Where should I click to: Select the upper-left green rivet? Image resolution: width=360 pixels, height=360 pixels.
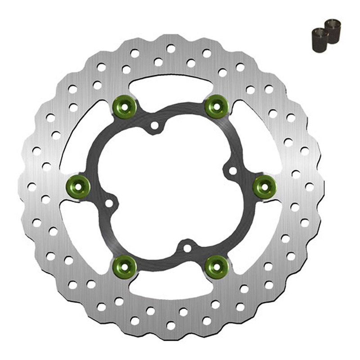(x=125, y=106)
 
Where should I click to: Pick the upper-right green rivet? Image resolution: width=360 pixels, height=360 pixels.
(x=217, y=106)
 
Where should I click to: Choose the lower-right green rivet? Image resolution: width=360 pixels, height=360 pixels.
(x=217, y=266)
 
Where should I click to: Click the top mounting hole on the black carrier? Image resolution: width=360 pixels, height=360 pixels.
(x=155, y=126)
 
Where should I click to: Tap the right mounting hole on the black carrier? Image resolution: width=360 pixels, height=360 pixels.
(x=233, y=171)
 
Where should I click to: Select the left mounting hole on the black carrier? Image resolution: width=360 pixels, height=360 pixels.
(x=109, y=203)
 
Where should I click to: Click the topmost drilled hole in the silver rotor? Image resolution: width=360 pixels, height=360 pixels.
(x=171, y=48)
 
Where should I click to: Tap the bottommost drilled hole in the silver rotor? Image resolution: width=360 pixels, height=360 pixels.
(x=171, y=325)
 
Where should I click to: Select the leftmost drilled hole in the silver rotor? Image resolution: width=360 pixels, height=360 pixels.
(x=32, y=186)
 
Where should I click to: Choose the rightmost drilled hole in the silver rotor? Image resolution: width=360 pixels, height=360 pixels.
(x=310, y=186)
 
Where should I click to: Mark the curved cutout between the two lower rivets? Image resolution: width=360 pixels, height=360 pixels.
(x=171, y=288)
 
